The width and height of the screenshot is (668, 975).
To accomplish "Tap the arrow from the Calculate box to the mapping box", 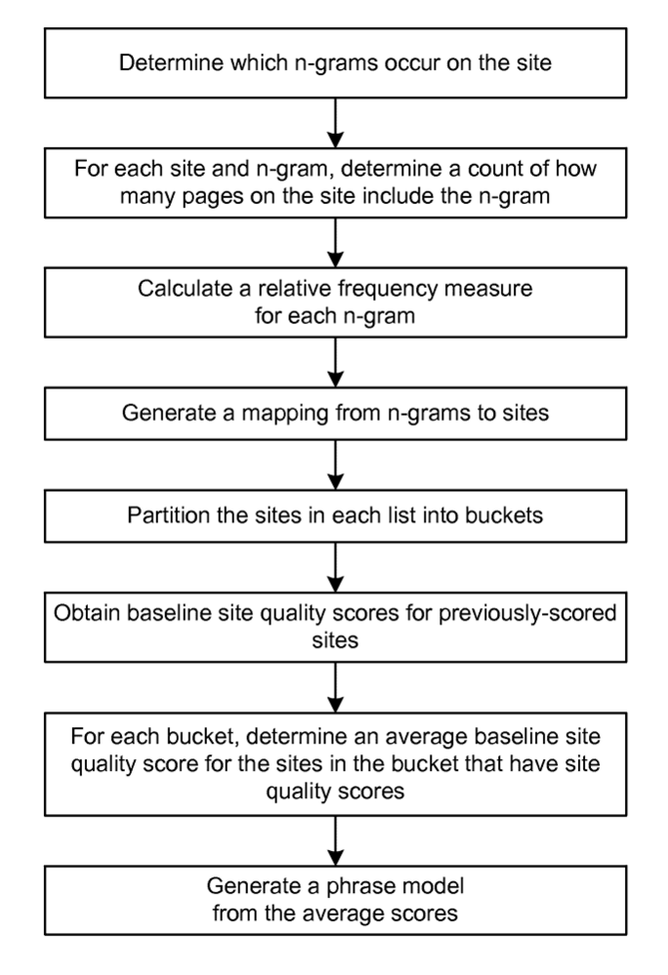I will (334, 361).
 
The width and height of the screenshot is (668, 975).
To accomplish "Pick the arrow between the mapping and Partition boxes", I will (334, 463).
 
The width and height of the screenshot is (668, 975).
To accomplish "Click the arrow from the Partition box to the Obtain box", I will (334, 564).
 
